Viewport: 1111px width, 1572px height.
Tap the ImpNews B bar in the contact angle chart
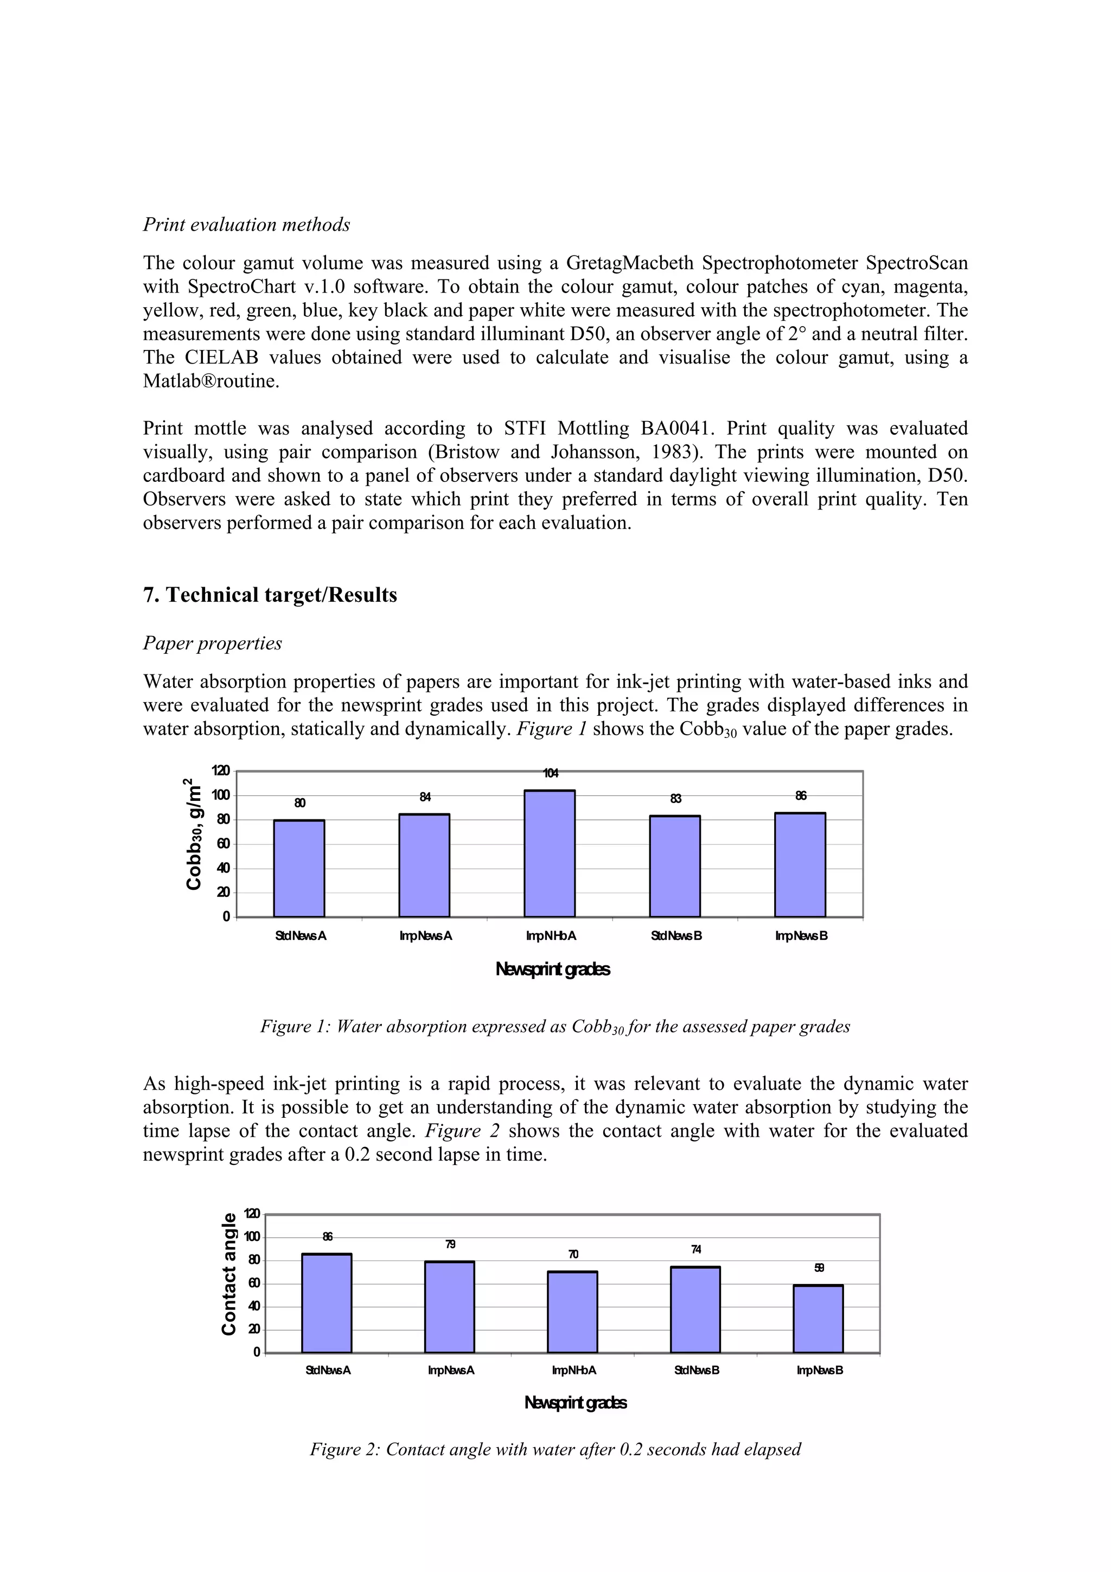tap(818, 1319)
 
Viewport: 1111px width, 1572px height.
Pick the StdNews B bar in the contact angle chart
tap(695, 1310)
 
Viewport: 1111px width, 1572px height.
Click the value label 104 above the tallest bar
tap(551, 773)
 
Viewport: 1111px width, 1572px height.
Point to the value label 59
tap(819, 1268)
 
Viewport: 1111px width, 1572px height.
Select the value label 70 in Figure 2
tap(573, 1255)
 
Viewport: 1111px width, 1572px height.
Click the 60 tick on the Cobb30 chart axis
tap(223, 844)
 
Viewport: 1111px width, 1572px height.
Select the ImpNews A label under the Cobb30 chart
tap(425, 936)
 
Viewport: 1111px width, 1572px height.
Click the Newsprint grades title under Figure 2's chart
tap(575, 1403)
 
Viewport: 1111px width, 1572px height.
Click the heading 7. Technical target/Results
tap(270, 594)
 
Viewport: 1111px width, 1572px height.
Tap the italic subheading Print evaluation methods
tap(246, 225)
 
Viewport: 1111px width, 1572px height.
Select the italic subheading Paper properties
tap(212, 643)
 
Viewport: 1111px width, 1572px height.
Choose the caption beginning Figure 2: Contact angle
tap(555, 1449)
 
